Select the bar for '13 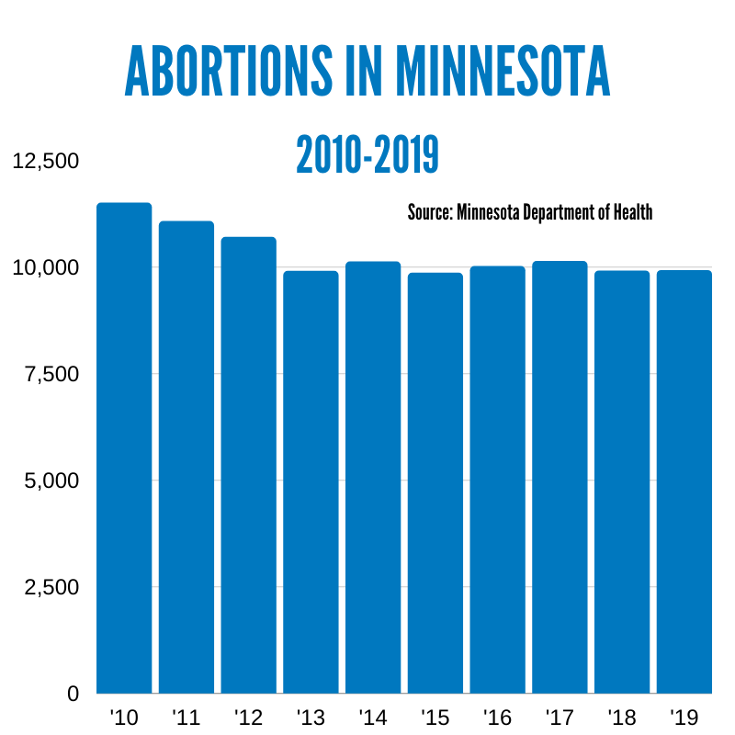pyautogui.click(x=311, y=481)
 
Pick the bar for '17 pyautogui.click(x=560, y=477)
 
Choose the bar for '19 pyautogui.click(x=684, y=481)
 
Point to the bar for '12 pyautogui.click(x=248, y=465)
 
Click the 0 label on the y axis pyautogui.click(x=72, y=694)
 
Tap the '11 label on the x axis pyautogui.click(x=186, y=717)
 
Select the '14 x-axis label pyautogui.click(x=372, y=717)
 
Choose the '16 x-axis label pyautogui.click(x=497, y=717)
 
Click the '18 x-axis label pyautogui.click(x=622, y=717)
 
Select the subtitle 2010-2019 pyautogui.click(x=367, y=155)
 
